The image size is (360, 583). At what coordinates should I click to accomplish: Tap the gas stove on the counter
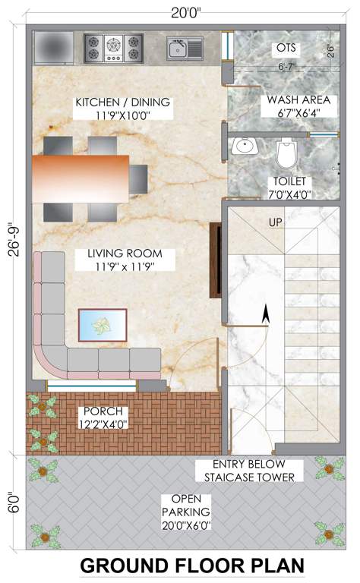pos(113,48)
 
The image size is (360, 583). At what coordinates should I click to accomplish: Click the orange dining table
pos(81,178)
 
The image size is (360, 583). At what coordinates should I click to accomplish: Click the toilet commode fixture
pos(286,155)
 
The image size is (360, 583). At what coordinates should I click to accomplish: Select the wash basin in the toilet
pos(245,145)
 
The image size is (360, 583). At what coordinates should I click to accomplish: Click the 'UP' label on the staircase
pos(276,222)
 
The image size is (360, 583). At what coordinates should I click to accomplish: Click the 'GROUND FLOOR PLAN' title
pos(191,566)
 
